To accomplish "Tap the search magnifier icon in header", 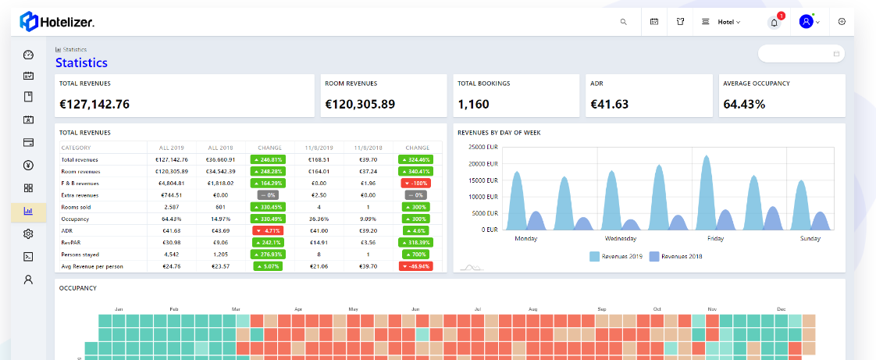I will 623,22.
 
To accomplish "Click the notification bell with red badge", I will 775,22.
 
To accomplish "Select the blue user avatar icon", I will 806,22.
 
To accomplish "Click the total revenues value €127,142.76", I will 94,104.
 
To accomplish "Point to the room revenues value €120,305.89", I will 360,104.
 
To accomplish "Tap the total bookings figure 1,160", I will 473,104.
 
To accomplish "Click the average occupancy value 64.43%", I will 744,104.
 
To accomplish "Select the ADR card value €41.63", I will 611,104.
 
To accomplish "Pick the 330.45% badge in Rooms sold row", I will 267,206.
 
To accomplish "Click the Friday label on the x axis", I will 716,238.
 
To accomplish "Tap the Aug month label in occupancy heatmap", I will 532,310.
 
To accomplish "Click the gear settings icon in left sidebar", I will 29,233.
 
